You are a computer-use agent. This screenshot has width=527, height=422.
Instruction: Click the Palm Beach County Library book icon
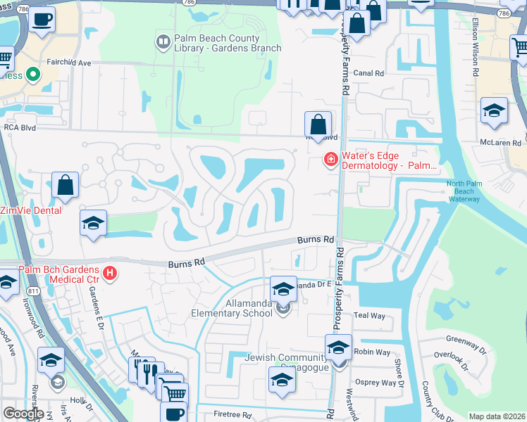click(163, 43)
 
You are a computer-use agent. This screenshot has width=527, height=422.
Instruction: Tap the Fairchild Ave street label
click(69, 63)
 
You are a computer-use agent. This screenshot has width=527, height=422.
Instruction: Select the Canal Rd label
click(368, 73)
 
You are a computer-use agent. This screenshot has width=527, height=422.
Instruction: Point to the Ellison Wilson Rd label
click(476, 57)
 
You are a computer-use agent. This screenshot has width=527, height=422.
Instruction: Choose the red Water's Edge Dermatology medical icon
click(330, 160)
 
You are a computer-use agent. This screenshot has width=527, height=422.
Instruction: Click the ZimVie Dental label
click(31, 210)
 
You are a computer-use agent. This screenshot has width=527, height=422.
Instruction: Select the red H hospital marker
click(109, 273)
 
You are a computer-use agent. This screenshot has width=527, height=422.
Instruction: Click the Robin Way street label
click(373, 352)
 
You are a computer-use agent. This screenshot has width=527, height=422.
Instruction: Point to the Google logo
click(23, 414)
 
